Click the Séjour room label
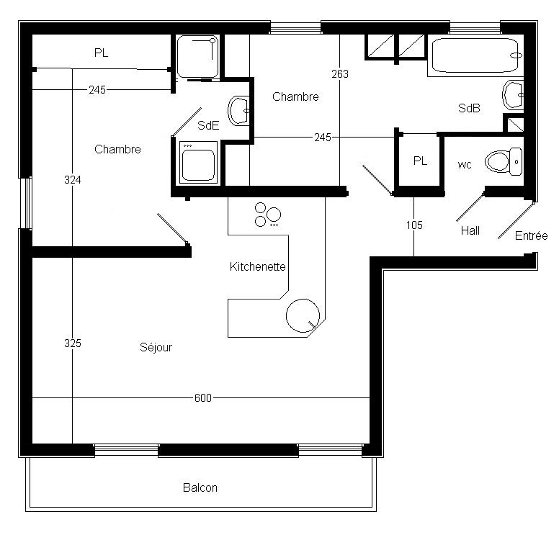[156, 347]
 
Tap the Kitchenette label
[257, 266]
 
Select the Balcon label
[200, 487]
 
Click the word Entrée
[531, 235]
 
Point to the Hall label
[470, 230]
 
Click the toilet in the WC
[504, 162]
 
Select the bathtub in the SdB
[475, 55]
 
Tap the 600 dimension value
[203, 397]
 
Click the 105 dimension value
[414, 225]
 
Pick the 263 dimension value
[340, 73]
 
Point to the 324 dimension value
[72, 180]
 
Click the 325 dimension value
[72, 343]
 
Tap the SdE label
[208, 125]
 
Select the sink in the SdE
[238, 111]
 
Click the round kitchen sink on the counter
[303, 315]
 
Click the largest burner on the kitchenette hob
[274, 215]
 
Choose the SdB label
[469, 108]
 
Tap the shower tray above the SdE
[197, 56]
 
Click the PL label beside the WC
[420, 161]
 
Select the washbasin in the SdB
[513, 95]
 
